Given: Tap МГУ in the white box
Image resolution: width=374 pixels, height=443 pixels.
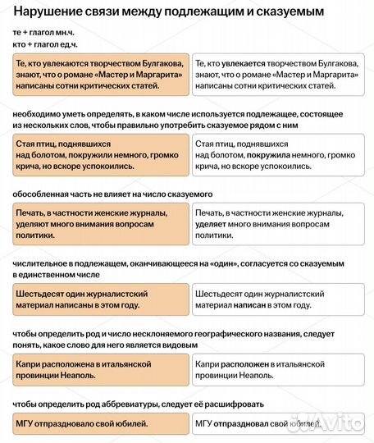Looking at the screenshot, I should [x=204, y=423].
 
